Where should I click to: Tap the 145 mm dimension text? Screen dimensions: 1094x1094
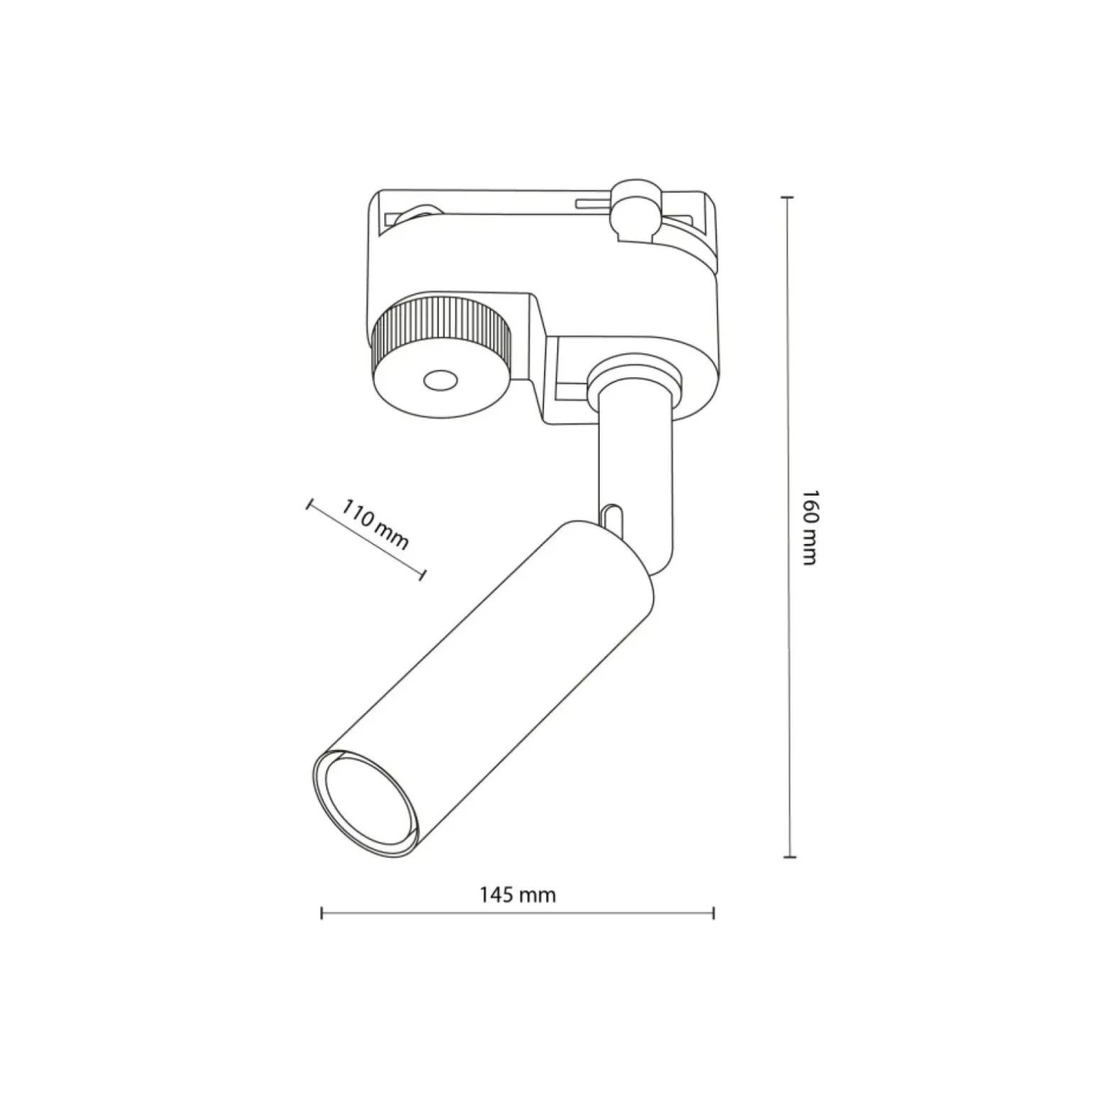pyautogui.click(x=517, y=894)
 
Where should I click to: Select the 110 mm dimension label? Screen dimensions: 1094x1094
pyautogui.click(x=376, y=525)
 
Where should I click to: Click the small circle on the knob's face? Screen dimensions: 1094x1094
pyautogui.click(x=440, y=381)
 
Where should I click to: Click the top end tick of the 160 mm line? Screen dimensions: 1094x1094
pyautogui.click(x=787, y=197)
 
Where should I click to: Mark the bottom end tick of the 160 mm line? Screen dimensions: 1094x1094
pyautogui.click(x=787, y=857)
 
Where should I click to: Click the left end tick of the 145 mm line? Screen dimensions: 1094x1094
pyautogui.click(x=322, y=913)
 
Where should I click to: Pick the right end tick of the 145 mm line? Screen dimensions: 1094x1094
pyautogui.click(x=713, y=913)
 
